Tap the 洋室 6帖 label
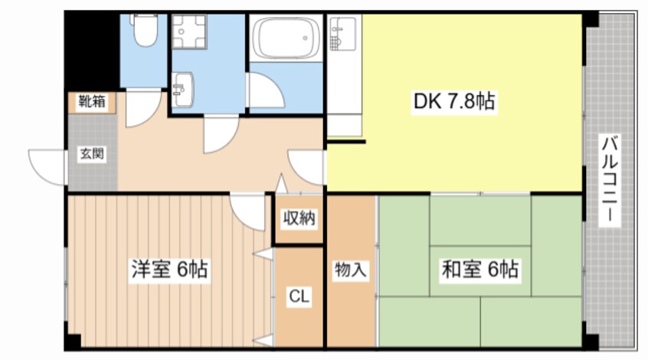tap(169, 270)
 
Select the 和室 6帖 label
tap(479, 270)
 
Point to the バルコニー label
tap(610, 180)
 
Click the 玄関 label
tap(92, 154)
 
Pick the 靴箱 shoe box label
tap(92, 101)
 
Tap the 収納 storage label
tap(299, 218)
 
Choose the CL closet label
tap(299, 296)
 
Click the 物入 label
tap(351, 270)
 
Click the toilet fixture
tap(145, 30)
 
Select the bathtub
tap(286, 38)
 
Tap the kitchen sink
tap(342, 34)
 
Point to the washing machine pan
tap(189, 32)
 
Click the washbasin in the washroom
tap(182, 90)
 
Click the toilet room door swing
tap(142, 108)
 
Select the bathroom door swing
tap(265, 91)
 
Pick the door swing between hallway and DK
tap(306, 168)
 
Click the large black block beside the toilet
tap(92, 51)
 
